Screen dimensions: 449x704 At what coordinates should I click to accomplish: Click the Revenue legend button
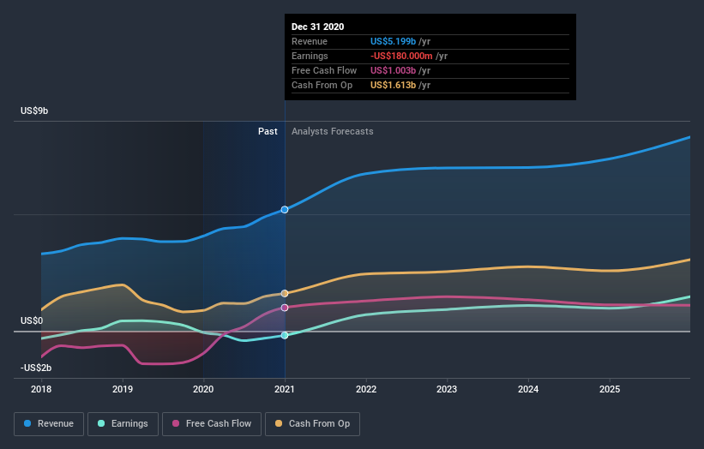[x=49, y=423]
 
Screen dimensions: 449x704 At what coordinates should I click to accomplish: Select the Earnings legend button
[x=122, y=423]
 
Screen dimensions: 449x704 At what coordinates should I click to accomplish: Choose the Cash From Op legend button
[x=312, y=423]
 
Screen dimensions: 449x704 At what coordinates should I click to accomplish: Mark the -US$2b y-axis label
[x=36, y=368]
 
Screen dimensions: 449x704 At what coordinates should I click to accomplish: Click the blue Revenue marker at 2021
[x=285, y=209]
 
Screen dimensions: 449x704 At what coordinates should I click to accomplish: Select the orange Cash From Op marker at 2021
[x=285, y=293]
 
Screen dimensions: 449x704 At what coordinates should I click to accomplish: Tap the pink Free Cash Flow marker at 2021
[x=285, y=307]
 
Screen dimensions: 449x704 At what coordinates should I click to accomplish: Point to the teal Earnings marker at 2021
[x=285, y=335]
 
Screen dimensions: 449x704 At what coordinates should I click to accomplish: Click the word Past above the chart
[x=268, y=131]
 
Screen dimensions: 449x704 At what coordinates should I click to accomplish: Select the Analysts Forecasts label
[x=332, y=131]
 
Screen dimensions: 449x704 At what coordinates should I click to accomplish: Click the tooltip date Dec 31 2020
[x=317, y=27]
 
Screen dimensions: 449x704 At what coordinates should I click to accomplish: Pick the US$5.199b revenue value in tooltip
[x=394, y=41]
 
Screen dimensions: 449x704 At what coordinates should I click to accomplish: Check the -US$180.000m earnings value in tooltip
[x=400, y=56]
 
